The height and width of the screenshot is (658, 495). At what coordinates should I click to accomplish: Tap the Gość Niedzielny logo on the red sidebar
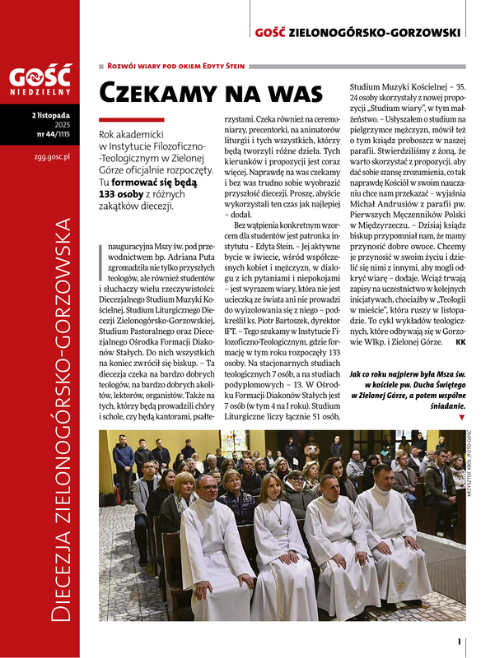point(40,82)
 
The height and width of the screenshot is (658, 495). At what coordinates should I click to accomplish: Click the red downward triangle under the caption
point(460,418)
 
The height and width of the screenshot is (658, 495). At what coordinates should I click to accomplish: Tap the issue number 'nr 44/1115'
point(58,134)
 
